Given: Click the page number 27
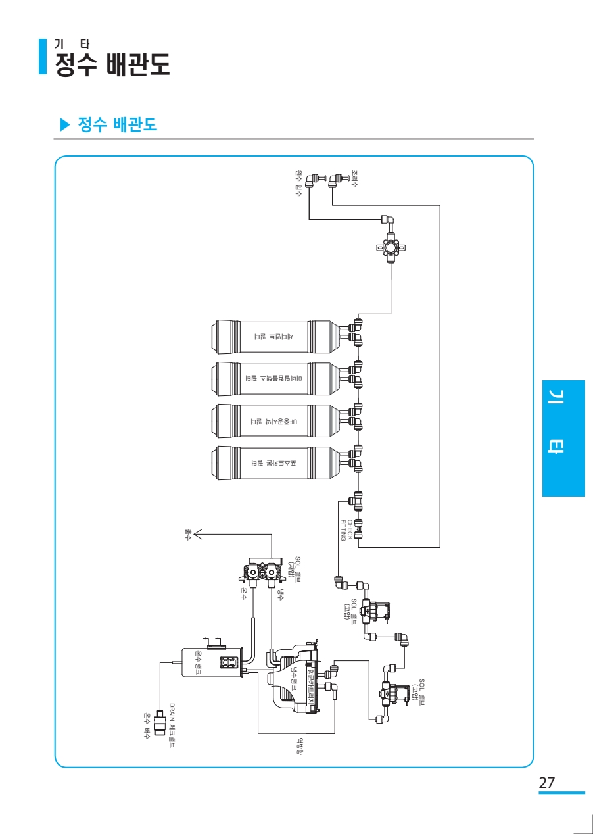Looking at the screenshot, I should pyautogui.click(x=547, y=783).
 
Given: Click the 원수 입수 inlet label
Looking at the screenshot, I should pyautogui.click(x=298, y=184).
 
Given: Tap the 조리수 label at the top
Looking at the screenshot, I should pyautogui.click(x=354, y=180).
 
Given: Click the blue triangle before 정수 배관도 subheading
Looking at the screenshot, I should pyautogui.click(x=64, y=124).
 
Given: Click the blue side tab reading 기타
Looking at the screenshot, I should pyautogui.click(x=563, y=437).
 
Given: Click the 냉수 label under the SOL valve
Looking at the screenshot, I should pyautogui.click(x=280, y=595).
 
